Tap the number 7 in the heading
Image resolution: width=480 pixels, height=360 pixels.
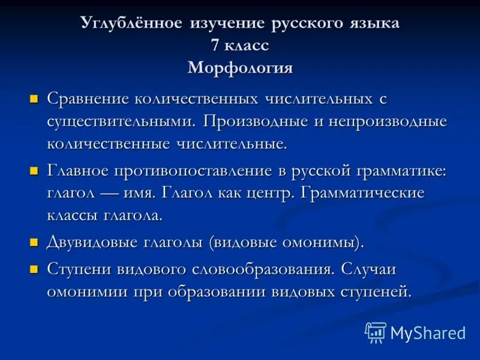pyautogui.click(x=215, y=46)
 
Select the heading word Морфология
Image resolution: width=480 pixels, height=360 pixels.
pyautogui.click(x=240, y=68)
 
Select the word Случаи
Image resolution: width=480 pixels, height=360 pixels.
pyautogui.click(x=369, y=269)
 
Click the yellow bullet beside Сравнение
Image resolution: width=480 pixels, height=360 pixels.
pyautogui.click(x=34, y=98)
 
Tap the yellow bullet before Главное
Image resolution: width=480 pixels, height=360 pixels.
pyautogui.click(x=34, y=171)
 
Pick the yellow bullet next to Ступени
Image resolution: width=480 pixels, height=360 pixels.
pyautogui.click(x=34, y=269)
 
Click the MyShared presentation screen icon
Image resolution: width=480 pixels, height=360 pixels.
pyautogui.click(x=376, y=332)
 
